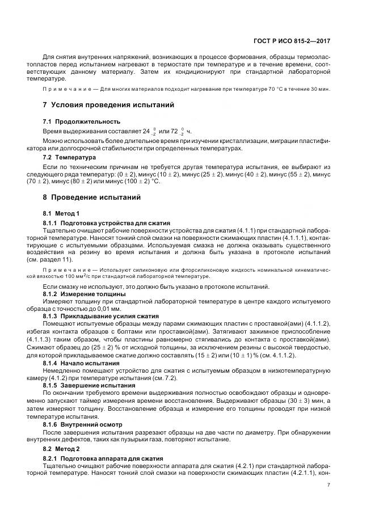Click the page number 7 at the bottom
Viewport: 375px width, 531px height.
pos(329,484)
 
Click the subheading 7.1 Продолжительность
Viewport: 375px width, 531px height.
pos(82,121)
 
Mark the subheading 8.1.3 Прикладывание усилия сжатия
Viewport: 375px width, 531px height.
pos(101,315)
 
